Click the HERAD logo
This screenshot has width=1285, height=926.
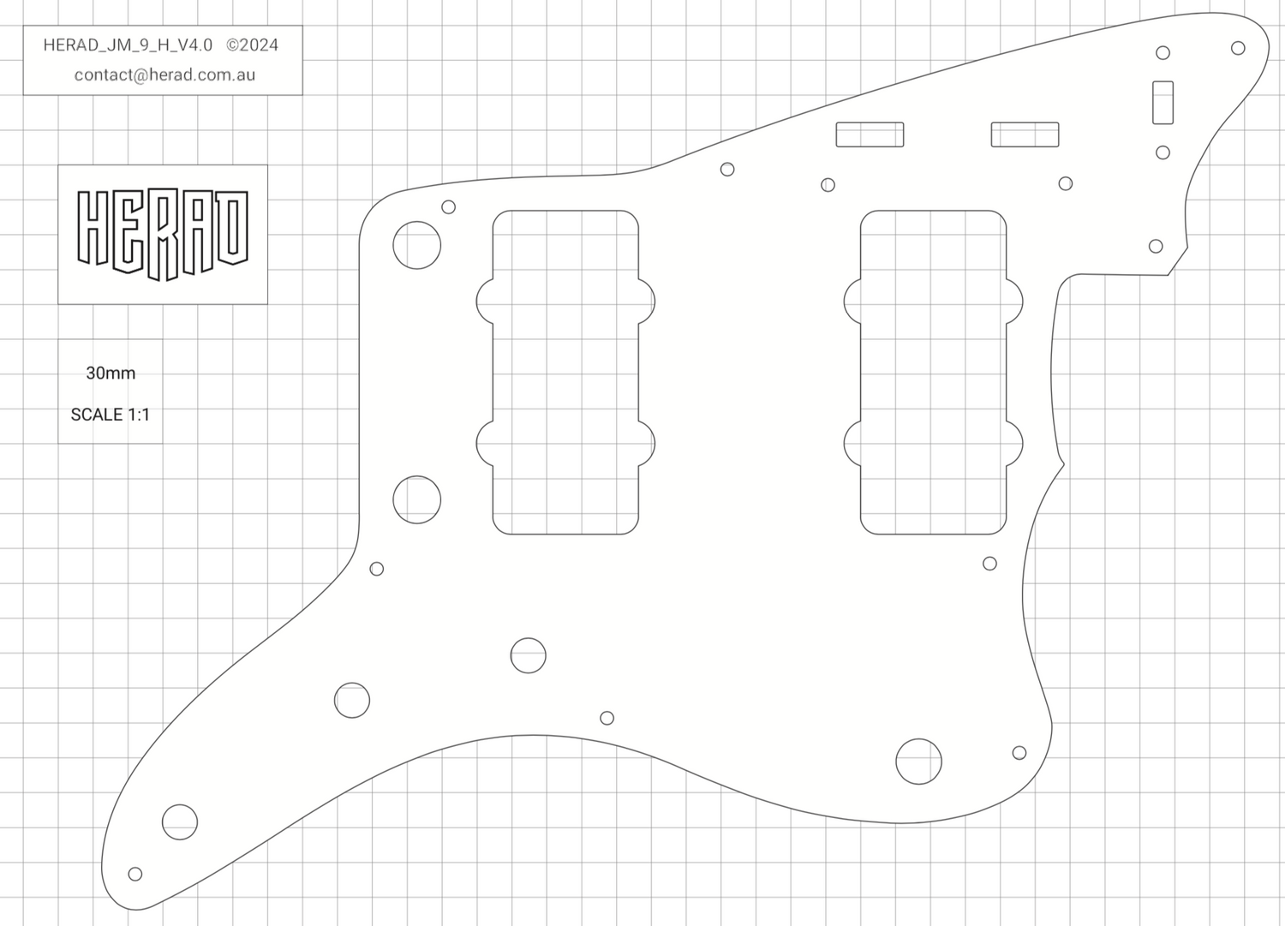(163, 234)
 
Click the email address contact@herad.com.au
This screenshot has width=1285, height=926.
(164, 75)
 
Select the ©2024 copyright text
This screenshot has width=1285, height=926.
(252, 45)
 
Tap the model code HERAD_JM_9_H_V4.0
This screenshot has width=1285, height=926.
(128, 45)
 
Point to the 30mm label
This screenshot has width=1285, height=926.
(111, 373)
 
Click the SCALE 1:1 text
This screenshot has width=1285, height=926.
(110, 415)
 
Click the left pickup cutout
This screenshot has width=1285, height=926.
(565, 372)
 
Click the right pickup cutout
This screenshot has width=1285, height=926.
(933, 372)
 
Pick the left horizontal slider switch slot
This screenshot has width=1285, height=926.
(870, 134)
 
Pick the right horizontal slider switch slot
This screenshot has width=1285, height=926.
(1025, 134)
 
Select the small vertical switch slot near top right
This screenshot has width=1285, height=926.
(1162, 102)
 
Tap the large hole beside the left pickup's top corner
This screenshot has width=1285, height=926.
(417, 245)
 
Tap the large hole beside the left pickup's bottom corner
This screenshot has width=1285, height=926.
(417, 499)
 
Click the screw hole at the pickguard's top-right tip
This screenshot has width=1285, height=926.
(1238, 48)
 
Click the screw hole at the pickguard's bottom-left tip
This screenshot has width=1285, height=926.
(134, 874)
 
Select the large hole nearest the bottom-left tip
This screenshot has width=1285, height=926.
(180, 821)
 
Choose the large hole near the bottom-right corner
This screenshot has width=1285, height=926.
(918, 761)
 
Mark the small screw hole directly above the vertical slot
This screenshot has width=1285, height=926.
(1162, 53)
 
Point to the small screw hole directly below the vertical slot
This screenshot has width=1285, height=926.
(1162, 152)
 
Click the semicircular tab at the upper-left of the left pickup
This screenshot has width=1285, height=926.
(484, 301)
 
